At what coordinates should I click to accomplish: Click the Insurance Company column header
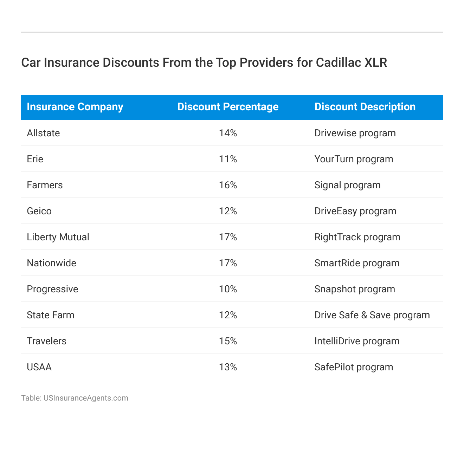[75, 107]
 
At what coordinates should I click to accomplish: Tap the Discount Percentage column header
[228, 107]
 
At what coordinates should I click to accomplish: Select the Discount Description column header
[365, 107]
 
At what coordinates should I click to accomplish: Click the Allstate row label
[43, 133]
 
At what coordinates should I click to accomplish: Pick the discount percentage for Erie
[228, 159]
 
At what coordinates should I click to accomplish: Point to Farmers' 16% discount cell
[228, 185]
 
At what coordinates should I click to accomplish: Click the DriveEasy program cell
[355, 211]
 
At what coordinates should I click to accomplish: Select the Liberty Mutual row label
[58, 237]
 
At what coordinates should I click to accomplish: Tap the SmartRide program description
[357, 263]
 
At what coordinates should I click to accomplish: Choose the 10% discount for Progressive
[228, 289]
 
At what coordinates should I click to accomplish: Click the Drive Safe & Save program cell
[372, 315]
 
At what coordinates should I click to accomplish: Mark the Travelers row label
[46, 341]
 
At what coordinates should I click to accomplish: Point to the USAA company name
[39, 367]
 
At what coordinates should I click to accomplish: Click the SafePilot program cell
[354, 367]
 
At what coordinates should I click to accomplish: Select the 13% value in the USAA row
[228, 367]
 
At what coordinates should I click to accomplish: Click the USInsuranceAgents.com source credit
[86, 398]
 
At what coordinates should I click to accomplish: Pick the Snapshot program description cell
[355, 289]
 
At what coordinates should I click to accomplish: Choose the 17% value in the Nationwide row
[228, 263]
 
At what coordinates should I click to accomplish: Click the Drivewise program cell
[355, 133]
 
